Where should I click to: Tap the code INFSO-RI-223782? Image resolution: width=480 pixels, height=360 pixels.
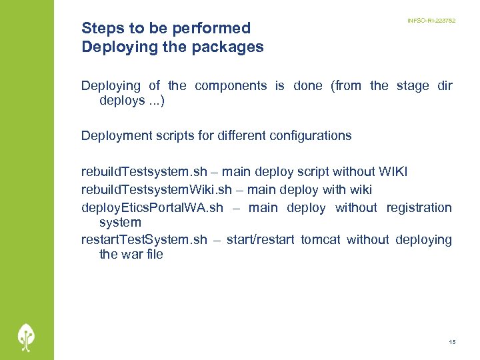click(x=431, y=21)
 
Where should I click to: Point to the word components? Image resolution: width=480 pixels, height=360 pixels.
click(x=231, y=85)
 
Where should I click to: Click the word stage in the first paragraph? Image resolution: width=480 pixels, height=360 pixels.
click(x=413, y=85)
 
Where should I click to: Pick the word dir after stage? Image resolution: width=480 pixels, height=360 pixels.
click(x=443, y=85)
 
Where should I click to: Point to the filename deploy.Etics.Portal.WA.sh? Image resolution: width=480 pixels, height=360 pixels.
click(x=152, y=207)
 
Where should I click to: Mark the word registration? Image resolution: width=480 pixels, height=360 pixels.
click(x=419, y=207)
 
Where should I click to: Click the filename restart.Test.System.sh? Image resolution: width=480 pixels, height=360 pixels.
click(x=144, y=239)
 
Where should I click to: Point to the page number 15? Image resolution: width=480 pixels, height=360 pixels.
click(x=453, y=342)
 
